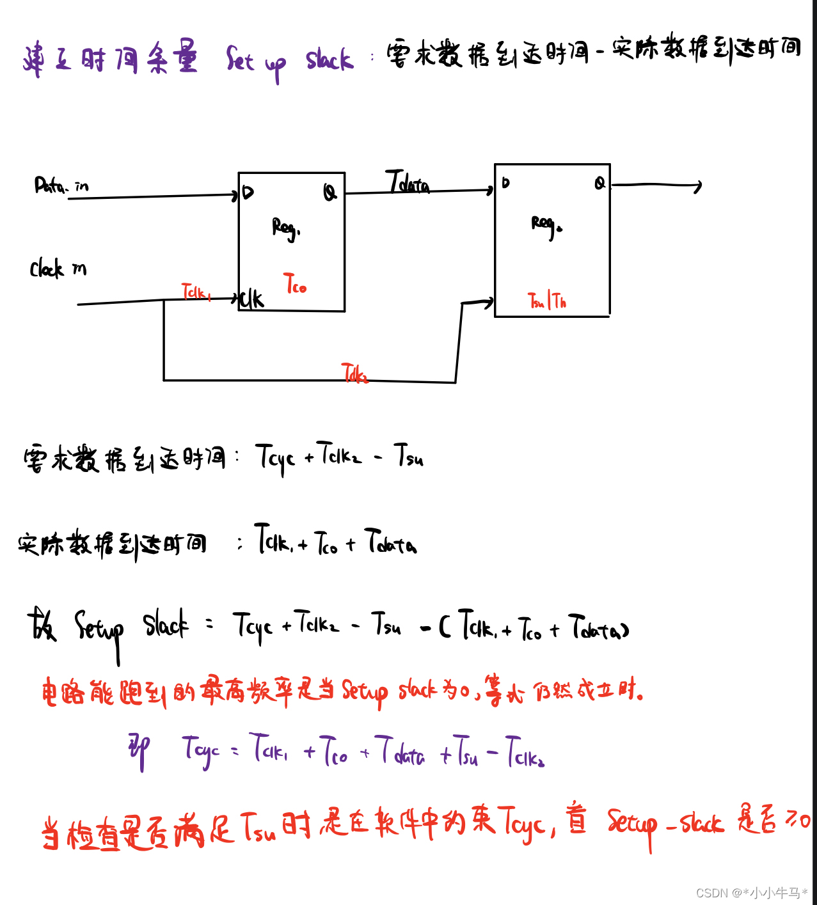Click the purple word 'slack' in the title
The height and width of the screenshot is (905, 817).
[x=329, y=60]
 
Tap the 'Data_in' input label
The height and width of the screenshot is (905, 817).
[x=61, y=186]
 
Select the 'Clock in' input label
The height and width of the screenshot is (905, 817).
[x=58, y=269]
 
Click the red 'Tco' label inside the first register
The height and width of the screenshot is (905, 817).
[x=295, y=283]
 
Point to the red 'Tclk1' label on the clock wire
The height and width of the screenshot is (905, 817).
[x=196, y=292]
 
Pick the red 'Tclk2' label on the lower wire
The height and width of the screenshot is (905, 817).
[x=354, y=373]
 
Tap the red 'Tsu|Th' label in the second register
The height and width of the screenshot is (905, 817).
[x=546, y=301]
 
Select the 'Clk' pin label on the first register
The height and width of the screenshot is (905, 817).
[x=251, y=299]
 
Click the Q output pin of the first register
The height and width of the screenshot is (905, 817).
[x=329, y=192]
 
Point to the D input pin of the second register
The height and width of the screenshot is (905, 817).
[x=505, y=183]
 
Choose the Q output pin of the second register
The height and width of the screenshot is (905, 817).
[x=599, y=183]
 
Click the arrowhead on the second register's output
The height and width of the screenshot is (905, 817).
[x=698, y=186]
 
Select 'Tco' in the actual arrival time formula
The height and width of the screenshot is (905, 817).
[x=326, y=543]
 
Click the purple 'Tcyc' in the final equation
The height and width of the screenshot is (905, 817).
[x=200, y=751]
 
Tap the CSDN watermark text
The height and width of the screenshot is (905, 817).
[x=751, y=893]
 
